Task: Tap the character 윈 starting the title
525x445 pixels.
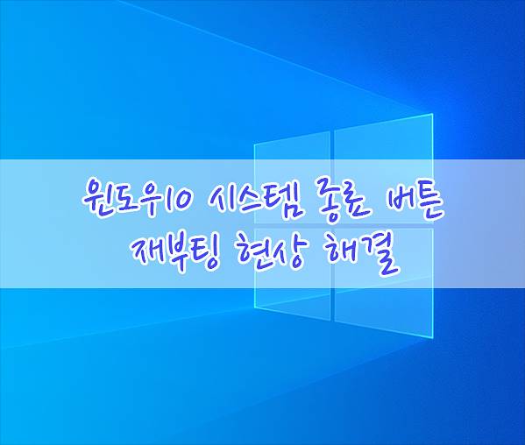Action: (96, 200)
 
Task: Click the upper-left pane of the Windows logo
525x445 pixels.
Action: (292, 178)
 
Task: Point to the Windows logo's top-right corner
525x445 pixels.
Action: (433, 114)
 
